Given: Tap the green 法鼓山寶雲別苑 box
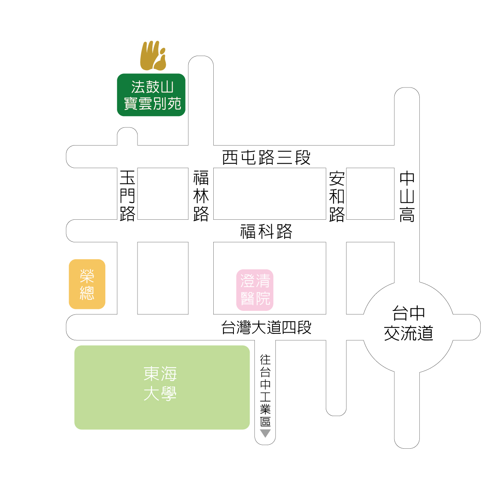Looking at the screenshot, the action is tap(151, 95).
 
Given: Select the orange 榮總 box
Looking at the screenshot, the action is tap(87, 284).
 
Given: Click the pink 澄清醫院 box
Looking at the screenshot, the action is tap(255, 290).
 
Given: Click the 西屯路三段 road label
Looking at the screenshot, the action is tap(267, 157).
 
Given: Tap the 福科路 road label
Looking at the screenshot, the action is tap(266, 231).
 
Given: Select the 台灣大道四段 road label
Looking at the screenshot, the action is tap(267, 327).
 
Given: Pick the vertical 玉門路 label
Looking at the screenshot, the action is tap(127, 196).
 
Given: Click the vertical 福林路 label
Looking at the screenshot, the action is tap(201, 196).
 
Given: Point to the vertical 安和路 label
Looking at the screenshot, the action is tap(337, 196).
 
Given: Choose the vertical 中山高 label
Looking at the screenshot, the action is tap(407, 196).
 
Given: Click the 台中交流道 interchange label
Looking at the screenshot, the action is tap(408, 323).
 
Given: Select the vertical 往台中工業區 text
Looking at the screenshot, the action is tap(265, 390).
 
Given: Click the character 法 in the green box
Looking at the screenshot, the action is tap(138, 87).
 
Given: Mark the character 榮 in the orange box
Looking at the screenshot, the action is tap(87, 276).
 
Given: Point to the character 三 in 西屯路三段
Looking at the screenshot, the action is tap(285, 158).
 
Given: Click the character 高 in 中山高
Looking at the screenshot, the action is tap(407, 214).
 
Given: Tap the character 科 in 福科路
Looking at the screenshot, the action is tap(266, 231).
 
